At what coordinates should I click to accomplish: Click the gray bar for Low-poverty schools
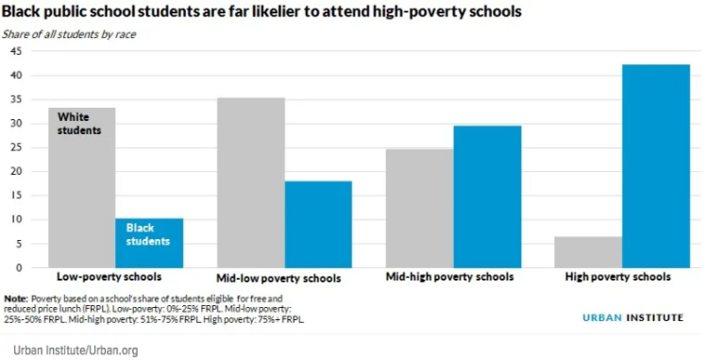point(82,188)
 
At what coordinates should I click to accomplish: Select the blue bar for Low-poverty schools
point(149,243)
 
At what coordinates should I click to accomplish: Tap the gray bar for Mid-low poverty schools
point(250,182)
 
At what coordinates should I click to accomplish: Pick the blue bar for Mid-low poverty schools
point(318,225)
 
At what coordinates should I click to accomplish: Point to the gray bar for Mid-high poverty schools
point(420,208)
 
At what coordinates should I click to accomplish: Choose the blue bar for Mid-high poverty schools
point(487,196)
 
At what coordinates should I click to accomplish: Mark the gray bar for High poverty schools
point(589,252)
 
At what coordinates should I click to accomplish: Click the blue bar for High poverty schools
point(656,167)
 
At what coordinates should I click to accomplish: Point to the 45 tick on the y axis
point(16,51)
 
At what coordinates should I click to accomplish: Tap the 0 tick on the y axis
point(19,268)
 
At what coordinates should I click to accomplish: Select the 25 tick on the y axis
point(16,148)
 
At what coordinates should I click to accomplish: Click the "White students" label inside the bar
point(79,124)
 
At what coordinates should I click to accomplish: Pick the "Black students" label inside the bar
point(148,234)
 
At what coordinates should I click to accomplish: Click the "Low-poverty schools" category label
point(109,276)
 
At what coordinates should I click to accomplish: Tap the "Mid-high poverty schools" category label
point(449,276)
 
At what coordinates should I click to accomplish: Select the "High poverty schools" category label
point(618,276)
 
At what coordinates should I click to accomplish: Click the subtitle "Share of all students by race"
point(69,34)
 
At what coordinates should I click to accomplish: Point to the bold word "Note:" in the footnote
point(16,299)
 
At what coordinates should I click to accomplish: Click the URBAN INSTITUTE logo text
point(634,317)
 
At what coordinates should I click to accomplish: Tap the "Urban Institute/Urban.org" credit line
point(75,350)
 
